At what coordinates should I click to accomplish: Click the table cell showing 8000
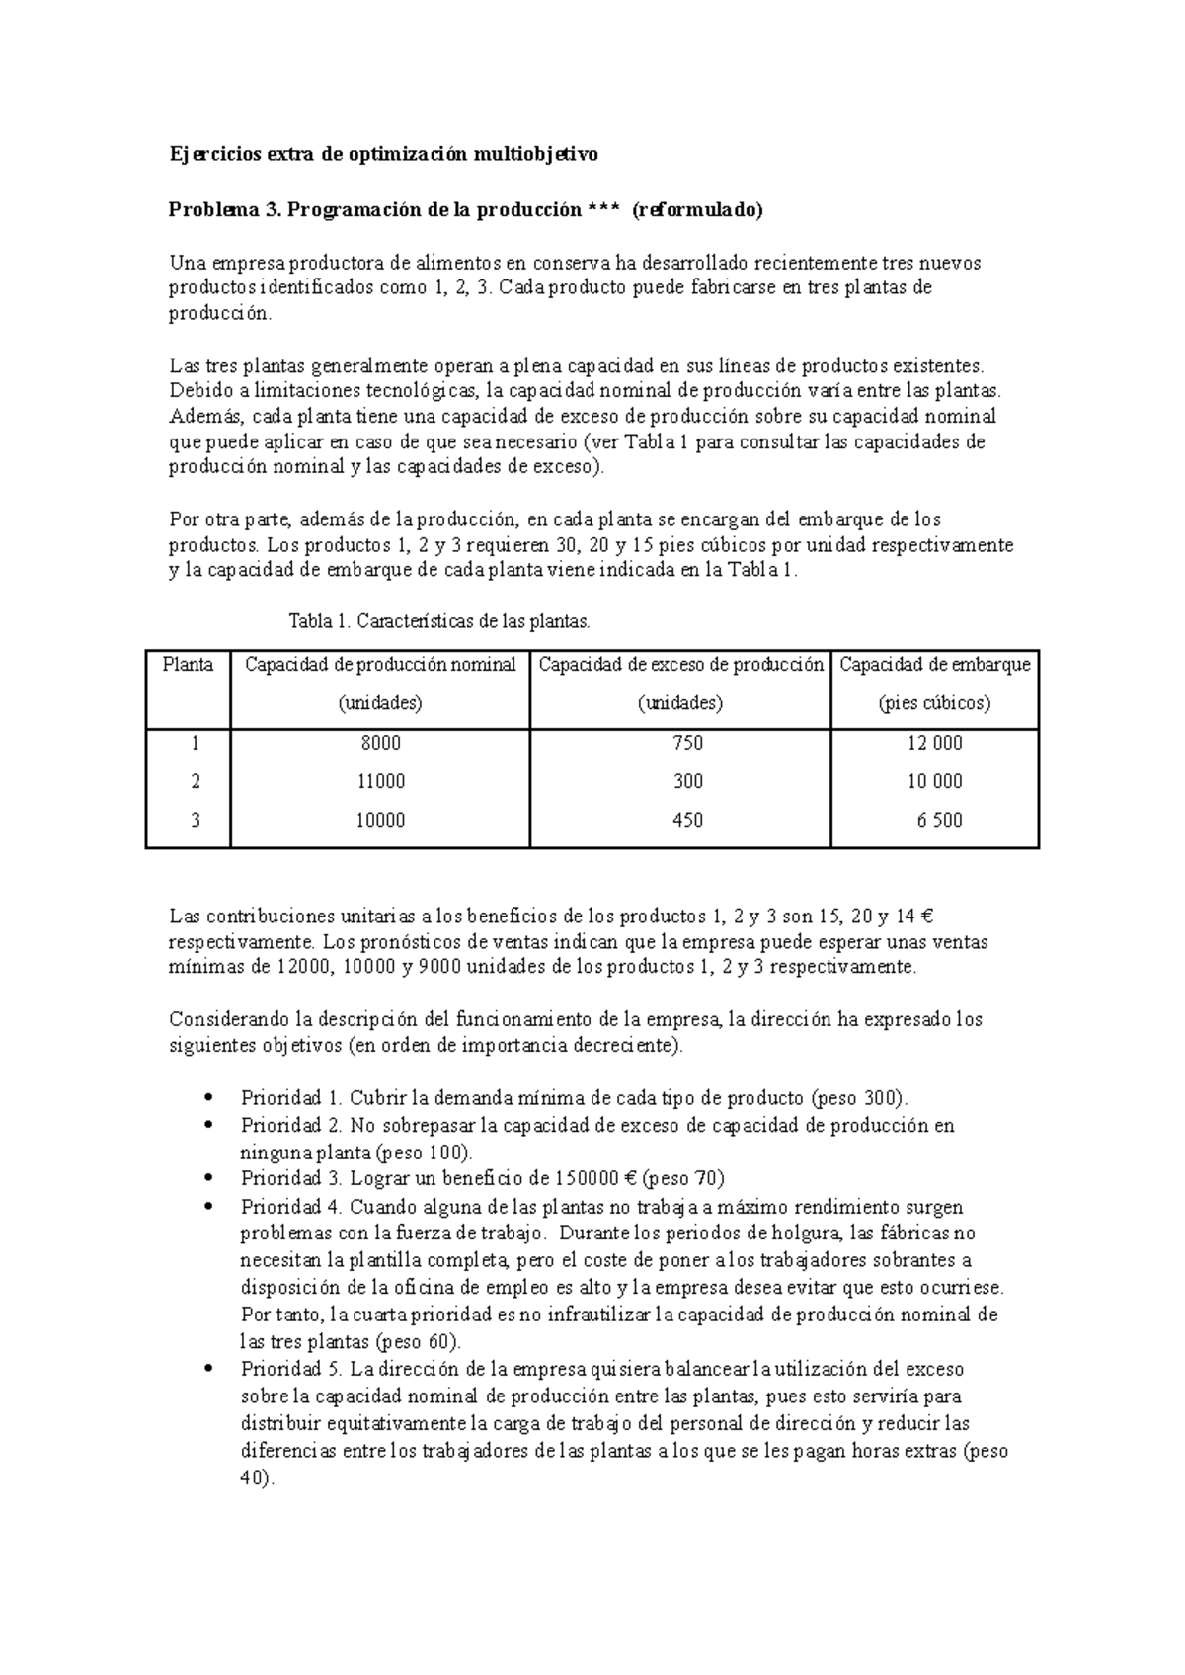tap(380, 743)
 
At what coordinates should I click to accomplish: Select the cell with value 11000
tap(380, 781)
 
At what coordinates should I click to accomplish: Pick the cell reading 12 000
tap(934, 743)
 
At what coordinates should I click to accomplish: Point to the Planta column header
tap(188, 665)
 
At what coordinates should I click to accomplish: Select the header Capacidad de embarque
tap(934, 665)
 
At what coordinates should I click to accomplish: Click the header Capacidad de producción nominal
tap(380, 665)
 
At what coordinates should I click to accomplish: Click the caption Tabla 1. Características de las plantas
tap(438, 622)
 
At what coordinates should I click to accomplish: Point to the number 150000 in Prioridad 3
tap(589, 1178)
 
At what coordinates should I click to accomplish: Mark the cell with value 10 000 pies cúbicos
tap(934, 781)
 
